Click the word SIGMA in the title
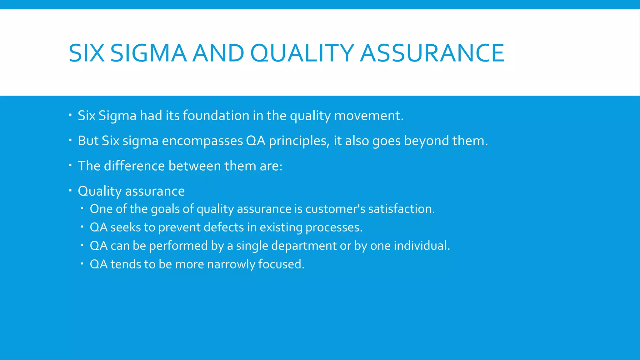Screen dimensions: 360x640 point(148,53)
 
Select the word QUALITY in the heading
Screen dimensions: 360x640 point(302,53)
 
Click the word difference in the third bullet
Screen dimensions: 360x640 point(134,166)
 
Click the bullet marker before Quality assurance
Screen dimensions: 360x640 point(70,190)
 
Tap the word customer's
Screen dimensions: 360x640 point(335,209)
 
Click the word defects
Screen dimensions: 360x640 point(224,227)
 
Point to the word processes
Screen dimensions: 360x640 point(334,227)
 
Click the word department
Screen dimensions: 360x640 point(304,246)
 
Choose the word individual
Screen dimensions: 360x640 point(422,246)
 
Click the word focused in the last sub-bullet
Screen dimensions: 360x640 point(281,264)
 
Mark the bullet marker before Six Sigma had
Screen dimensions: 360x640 point(70,114)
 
